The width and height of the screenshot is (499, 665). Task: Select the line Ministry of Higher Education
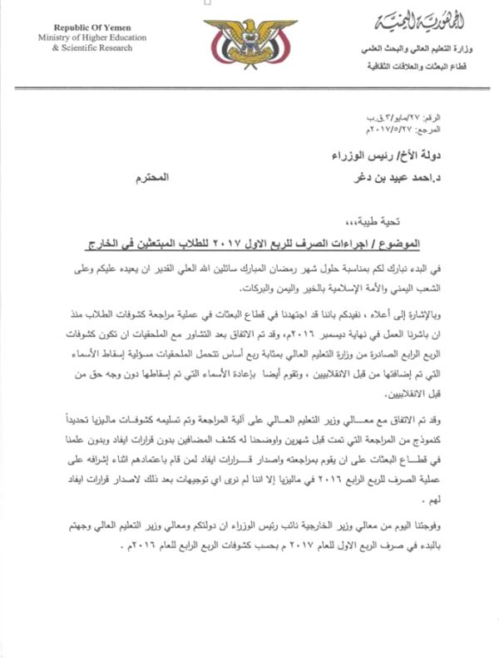tap(89, 38)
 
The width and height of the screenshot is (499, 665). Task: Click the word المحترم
tap(151, 177)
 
